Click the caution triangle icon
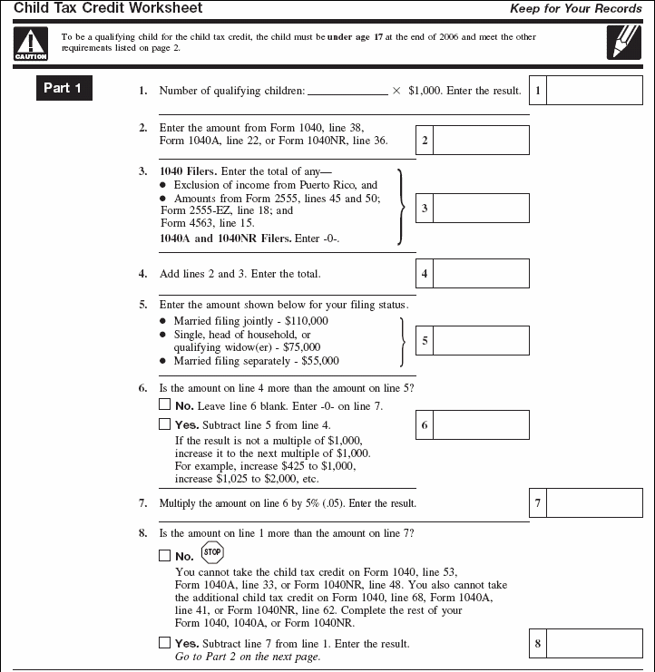pyautogui.click(x=30, y=43)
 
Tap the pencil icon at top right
pyautogui.click(x=624, y=43)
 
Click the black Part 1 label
pyautogui.click(x=63, y=88)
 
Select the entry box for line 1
pyautogui.click(x=594, y=91)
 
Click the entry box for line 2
pyautogui.click(x=481, y=141)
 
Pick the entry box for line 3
pyautogui.click(x=481, y=208)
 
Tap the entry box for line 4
pyautogui.click(x=481, y=273)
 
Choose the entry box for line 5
pyautogui.click(x=481, y=340)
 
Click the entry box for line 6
pyautogui.click(x=481, y=424)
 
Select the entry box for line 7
pyautogui.click(x=594, y=502)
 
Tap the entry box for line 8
pyautogui.click(x=594, y=643)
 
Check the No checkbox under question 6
pyautogui.click(x=164, y=405)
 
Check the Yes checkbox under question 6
pyautogui.click(x=164, y=424)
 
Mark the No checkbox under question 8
pyautogui.click(x=164, y=555)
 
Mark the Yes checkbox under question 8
pyautogui.click(x=164, y=642)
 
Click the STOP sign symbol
pyautogui.click(x=211, y=552)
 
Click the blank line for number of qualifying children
pyautogui.click(x=347, y=92)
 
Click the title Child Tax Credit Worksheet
pyautogui.click(x=108, y=9)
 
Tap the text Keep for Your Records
pyautogui.click(x=576, y=9)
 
